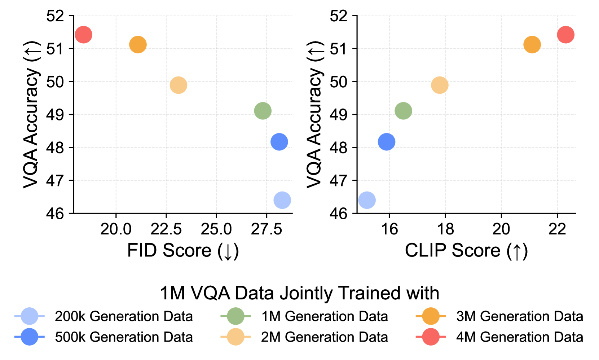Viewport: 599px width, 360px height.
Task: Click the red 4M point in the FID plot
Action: (83, 35)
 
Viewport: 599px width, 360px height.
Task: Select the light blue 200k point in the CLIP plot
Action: (367, 200)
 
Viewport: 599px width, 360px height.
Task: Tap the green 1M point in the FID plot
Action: (263, 111)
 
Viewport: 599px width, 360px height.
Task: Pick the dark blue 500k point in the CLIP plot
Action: (386, 142)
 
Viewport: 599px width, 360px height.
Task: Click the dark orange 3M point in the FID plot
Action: (138, 45)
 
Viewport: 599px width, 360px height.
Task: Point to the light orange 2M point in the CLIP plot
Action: (440, 85)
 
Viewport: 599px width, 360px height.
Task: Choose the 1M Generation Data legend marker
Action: (235, 316)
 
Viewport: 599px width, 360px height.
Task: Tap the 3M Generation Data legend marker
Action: (431, 316)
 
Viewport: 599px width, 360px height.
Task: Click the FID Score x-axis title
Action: (183, 251)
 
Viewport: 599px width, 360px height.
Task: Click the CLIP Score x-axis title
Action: (466, 251)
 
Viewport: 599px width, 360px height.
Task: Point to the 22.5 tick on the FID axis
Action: (166, 229)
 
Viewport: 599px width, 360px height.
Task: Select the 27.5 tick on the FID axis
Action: (267, 229)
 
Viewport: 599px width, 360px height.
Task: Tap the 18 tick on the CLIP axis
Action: (445, 229)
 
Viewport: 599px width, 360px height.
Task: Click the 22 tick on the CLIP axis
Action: (557, 229)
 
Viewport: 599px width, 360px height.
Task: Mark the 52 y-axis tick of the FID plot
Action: (55, 16)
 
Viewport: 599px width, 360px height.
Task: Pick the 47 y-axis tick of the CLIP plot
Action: (339, 180)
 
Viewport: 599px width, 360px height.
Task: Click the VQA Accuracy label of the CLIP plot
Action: (314, 114)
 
